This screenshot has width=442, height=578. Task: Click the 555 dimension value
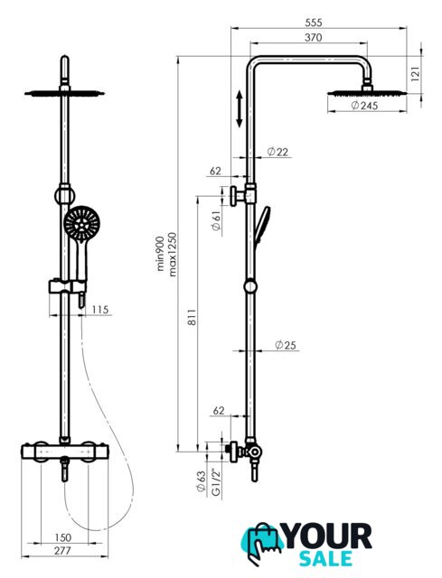[314, 23]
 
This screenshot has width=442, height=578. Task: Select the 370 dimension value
[314, 38]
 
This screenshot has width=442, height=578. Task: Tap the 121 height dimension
[416, 74]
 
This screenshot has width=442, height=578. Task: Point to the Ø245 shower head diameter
[364, 106]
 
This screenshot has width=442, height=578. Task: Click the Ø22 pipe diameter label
[277, 152]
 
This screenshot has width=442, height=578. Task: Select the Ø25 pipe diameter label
[286, 345]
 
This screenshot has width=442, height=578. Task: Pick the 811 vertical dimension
[192, 317]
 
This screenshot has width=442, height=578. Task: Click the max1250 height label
[173, 255]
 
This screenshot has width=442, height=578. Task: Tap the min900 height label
[160, 254]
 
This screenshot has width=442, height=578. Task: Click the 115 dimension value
[100, 309]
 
